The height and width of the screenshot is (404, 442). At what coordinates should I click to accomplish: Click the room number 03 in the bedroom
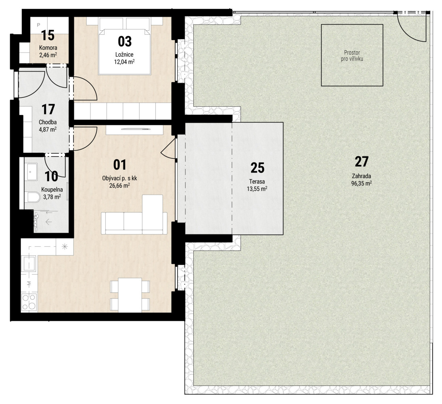pyautogui.click(x=125, y=42)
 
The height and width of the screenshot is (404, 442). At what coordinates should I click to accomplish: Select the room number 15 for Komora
pyautogui.click(x=48, y=36)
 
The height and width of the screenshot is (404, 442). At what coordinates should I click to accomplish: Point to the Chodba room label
pyautogui.click(x=48, y=122)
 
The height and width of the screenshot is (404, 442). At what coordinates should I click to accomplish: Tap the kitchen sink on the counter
pyautogui.click(x=29, y=263)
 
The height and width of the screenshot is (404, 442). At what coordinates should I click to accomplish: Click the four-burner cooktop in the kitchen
pyautogui.click(x=29, y=302)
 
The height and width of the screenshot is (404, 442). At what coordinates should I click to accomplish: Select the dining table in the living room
pyautogui.click(x=130, y=295)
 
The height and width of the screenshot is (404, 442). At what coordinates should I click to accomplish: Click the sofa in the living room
pyautogui.click(x=134, y=215)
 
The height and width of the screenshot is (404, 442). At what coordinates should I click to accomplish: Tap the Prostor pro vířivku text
pyautogui.click(x=352, y=56)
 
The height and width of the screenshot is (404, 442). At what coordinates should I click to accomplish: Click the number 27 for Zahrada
pyautogui.click(x=361, y=162)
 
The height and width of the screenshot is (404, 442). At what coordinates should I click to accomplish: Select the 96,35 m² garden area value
pyautogui.click(x=361, y=183)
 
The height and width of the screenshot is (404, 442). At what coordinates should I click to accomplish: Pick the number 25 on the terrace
pyautogui.click(x=258, y=168)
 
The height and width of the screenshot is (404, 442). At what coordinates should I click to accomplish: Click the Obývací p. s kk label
pyautogui.click(x=119, y=178)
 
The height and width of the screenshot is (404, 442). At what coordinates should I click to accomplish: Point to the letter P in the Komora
pyautogui.click(x=39, y=25)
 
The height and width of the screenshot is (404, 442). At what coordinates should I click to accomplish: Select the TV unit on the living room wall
pyautogui.click(x=135, y=130)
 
